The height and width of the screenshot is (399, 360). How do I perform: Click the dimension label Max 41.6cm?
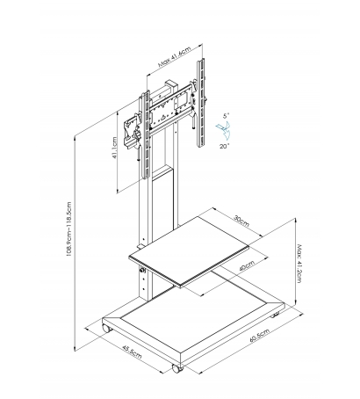175,57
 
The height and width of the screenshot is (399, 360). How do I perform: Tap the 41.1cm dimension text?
115,148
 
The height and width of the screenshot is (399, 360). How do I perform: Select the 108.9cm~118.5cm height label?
69,229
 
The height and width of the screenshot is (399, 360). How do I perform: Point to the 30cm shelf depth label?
241,221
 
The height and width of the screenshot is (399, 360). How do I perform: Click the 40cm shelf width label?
247,265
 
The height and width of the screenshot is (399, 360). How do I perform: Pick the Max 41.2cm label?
299,264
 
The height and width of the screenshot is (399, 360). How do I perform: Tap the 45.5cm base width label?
132,352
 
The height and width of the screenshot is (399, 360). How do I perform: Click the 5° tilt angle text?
227,116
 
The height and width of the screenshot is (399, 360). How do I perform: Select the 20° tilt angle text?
225,146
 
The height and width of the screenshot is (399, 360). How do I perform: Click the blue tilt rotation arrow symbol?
224,130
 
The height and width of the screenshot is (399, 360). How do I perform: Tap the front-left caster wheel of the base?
107,328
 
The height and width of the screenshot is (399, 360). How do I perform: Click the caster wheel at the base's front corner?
177,368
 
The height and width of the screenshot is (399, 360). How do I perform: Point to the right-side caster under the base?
275,316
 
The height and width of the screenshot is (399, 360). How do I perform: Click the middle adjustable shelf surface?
189,251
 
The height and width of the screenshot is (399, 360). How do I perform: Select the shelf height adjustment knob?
143,271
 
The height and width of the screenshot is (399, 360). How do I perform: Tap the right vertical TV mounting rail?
200,103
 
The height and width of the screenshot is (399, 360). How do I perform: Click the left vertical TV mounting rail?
146,134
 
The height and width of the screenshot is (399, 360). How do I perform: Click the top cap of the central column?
171,83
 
